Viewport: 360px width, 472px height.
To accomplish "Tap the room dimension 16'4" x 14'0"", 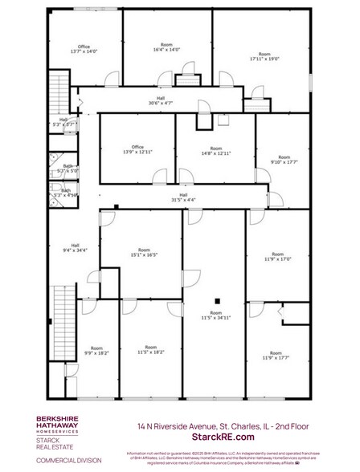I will (x=166, y=47).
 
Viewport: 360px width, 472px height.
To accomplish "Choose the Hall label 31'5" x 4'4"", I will (x=183, y=197).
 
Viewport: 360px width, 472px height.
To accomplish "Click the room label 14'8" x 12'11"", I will (x=215, y=150).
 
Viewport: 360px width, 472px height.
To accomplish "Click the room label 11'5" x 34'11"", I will (x=215, y=315).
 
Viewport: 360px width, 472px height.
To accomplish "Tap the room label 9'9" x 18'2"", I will (x=97, y=350).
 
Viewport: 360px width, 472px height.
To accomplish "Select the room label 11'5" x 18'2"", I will (x=151, y=350).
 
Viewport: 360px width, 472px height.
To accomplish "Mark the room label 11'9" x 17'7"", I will (x=276, y=356).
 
